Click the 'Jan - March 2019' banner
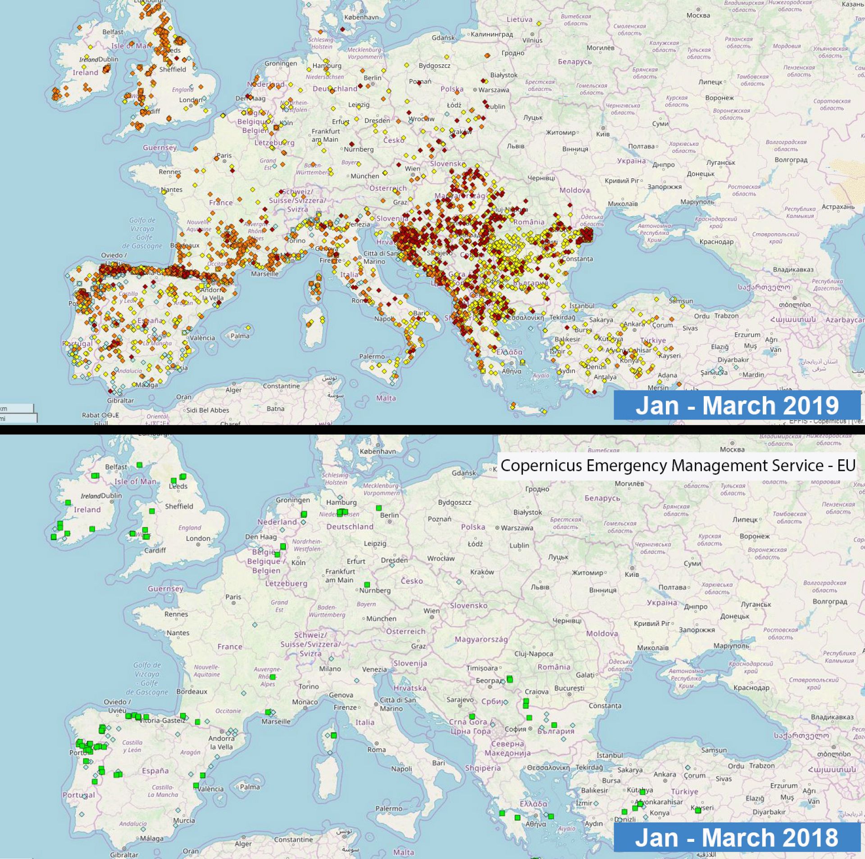pyautogui.click(x=737, y=405)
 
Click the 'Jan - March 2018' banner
pyautogui.click(x=737, y=838)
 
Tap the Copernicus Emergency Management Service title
pyautogui.click(x=678, y=466)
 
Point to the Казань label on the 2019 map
pyautogui.click(x=853, y=4)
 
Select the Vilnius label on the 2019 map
pyautogui.click(x=533, y=40)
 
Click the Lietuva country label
pyautogui.click(x=519, y=19)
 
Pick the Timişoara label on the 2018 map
pyautogui.click(x=482, y=668)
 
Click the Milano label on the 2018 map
pyautogui.click(x=330, y=669)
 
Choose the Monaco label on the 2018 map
pyautogui.click(x=305, y=702)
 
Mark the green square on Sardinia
pyautogui.click(x=334, y=735)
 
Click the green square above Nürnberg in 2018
pyautogui.click(x=367, y=585)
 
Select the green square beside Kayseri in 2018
pyautogui.click(x=698, y=810)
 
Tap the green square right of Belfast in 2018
pyautogui.click(x=140, y=465)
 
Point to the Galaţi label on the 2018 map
pyautogui.click(x=586, y=675)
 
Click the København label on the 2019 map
pyautogui.click(x=361, y=17)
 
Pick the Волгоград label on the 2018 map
pyautogui.click(x=830, y=601)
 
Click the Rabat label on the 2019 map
pyautogui.click(x=91, y=415)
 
